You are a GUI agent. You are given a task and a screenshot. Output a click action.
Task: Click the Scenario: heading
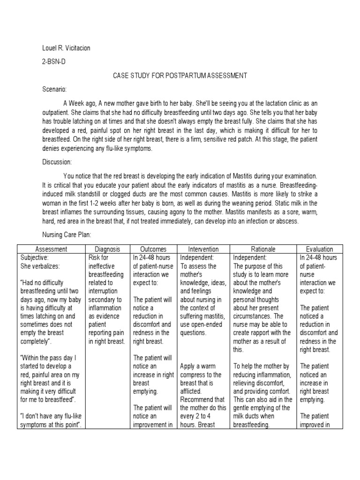point(54,89)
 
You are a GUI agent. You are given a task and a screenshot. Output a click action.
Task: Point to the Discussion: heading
point(57,162)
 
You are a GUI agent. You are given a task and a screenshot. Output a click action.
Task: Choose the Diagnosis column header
point(107,249)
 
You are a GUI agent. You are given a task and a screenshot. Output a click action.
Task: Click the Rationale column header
point(264,249)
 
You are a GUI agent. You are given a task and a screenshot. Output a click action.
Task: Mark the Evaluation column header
point(320,249)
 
